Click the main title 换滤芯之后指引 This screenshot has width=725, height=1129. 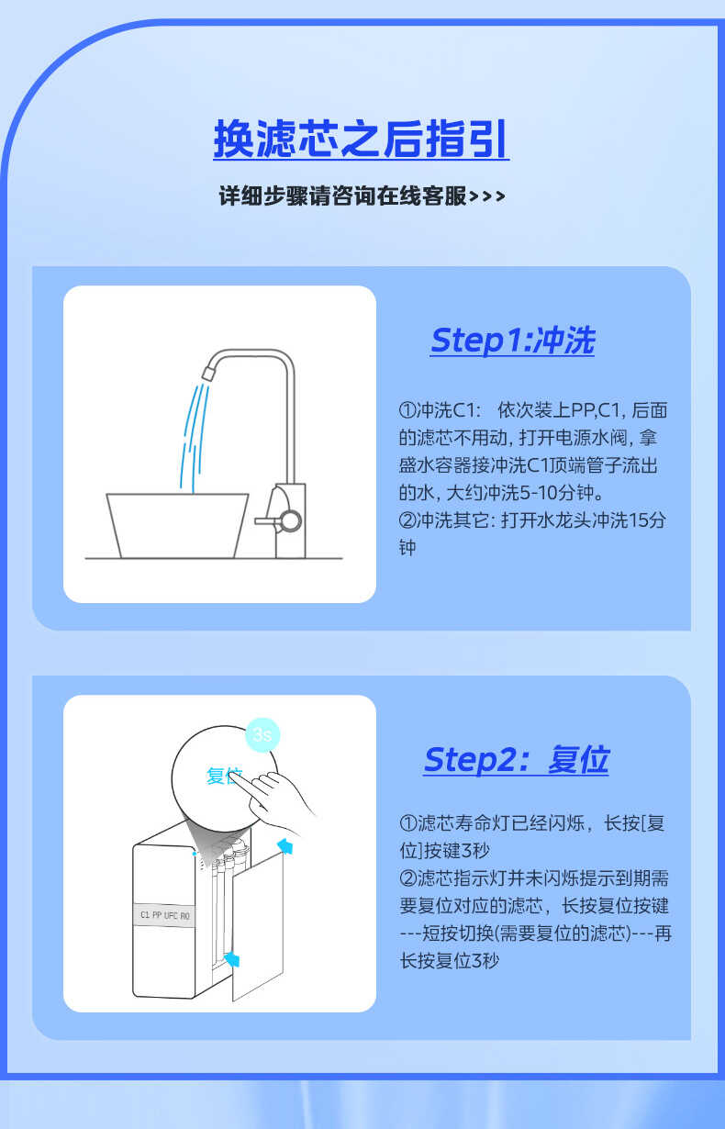(361, 140)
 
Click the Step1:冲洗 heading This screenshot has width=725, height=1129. (512, 341)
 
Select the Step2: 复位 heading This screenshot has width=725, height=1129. (516, 760)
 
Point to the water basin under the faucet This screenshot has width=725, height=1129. (177, 524)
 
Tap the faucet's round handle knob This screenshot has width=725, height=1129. (290, 520)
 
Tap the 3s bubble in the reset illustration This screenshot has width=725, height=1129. (263, 734)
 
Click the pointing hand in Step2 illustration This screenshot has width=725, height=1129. (280, 794)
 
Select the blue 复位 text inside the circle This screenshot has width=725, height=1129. (223, 777)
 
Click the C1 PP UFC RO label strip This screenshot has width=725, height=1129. (165, 915)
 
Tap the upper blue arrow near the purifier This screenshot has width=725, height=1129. (285, 845)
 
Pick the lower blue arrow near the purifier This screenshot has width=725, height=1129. (233, 959)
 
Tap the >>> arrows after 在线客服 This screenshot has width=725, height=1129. (487, 197)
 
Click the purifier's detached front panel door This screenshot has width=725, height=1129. (259, 927)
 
